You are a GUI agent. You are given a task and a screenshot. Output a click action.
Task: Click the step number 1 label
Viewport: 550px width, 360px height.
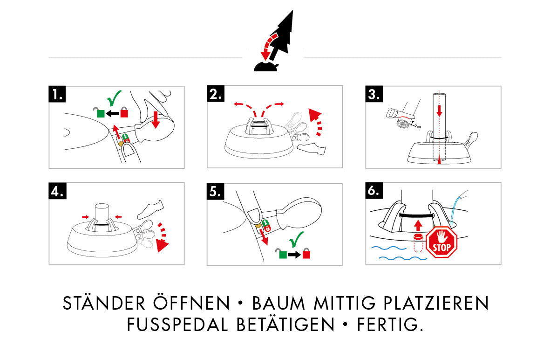click(x=57, y=94)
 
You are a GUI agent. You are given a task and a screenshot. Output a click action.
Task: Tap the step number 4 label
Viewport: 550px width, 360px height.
click(x=57, y=191)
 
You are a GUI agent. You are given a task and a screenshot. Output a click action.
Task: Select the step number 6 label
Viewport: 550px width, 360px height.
click(x=374, y=191)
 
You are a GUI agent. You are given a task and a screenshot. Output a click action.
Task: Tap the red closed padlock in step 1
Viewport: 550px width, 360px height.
click(x=124, y=112)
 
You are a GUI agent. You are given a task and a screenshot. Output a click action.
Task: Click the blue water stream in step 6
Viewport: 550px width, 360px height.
click(x=455, y=205)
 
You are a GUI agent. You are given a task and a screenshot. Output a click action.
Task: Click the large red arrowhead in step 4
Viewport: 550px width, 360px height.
click(x=162, y=245)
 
